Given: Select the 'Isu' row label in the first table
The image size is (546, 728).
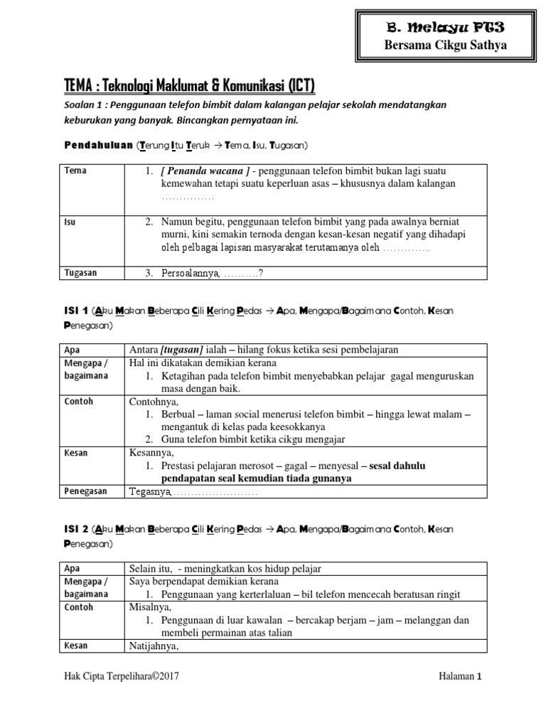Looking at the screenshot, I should click(70, 221).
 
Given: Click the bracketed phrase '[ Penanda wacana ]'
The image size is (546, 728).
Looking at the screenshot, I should click(205, 171).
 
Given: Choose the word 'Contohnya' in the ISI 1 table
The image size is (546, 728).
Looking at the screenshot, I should click(154, 402).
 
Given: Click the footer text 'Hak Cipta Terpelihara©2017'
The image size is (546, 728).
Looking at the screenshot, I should click(122, 677).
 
